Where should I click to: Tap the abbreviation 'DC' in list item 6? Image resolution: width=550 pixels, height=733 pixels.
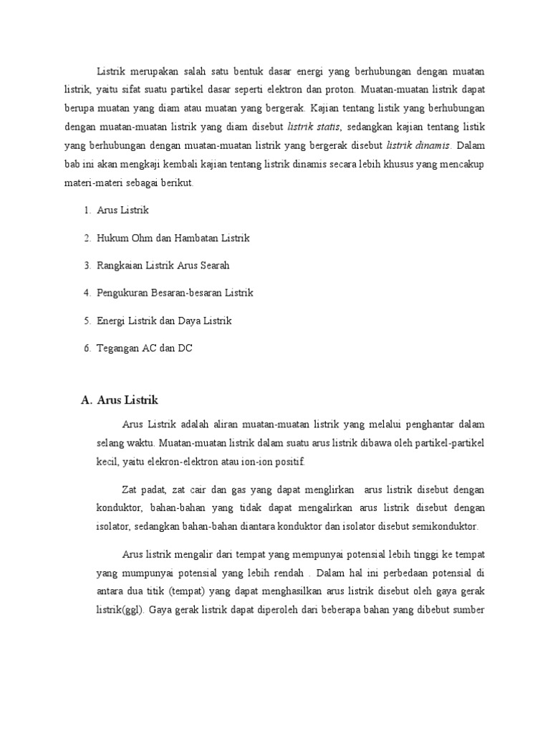point(185,349)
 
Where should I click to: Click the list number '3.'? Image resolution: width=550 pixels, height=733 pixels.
point(87,266)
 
